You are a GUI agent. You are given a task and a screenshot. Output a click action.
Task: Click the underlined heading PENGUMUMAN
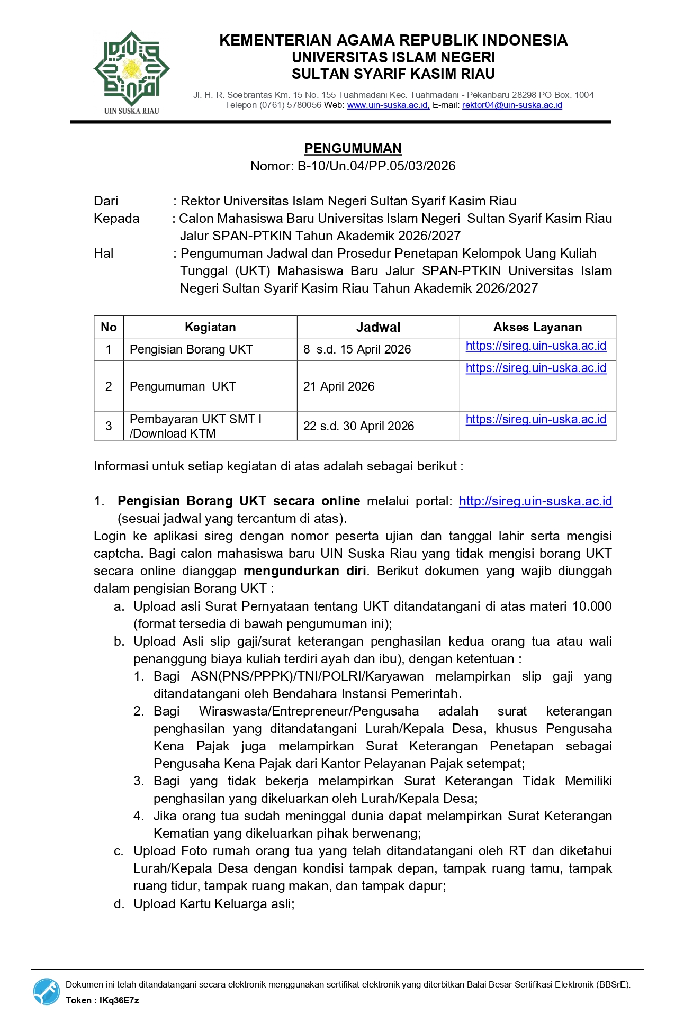pyautogui.click(x=353, y=149)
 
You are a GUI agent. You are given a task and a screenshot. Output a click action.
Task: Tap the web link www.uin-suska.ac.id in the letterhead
pyautogui.click(x=388, y=105)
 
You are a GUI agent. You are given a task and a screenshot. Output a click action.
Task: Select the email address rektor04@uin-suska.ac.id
pyautogui.click(x=512, y=105)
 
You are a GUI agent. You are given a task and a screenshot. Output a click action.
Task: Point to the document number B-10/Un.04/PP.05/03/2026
pyautogui.click(x=376, y=166)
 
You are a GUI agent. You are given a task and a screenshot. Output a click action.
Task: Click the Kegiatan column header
pyautogui.click(x=210, y=327)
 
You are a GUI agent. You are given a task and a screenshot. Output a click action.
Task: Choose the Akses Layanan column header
pyautogui.click(x=537, y=327)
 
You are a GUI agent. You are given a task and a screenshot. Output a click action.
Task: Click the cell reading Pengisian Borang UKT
pyautogui.click(x=191, y=349)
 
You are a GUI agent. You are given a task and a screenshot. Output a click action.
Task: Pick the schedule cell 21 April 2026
pyautogui.click(x=339, y=386)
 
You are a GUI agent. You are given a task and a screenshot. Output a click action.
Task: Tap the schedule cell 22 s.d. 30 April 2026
pyautogui.click(x=358, y=426)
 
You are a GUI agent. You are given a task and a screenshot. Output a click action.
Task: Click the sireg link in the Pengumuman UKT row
pyautogui.click(x=536, y=368)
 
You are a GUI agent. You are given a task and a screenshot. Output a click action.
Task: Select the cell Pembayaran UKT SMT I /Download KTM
pyautogui.click(x=195, y=426)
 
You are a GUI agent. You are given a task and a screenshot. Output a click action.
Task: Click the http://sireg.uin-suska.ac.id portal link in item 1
pyautogui.click(x=535, y=501)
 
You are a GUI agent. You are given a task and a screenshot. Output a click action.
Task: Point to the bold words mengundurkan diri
pyautogui.click(x=305, y=571)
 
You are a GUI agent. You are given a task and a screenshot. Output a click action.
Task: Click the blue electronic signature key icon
pyautogui.click(x=47, y=991)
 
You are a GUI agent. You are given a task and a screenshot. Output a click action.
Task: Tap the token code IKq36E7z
pyautogui.click(x=119, y=1000)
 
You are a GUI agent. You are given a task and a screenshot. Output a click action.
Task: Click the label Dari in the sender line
pyautogui.click(x=106, y=201)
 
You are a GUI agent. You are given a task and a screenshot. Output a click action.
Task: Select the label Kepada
pyautogui.click(x=116, y=219)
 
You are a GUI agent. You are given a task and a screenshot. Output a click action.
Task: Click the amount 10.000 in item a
pyautogui.click(x=591, y=606)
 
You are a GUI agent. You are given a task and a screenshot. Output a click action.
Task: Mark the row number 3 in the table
pyautogui.click(x=109, y=426)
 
